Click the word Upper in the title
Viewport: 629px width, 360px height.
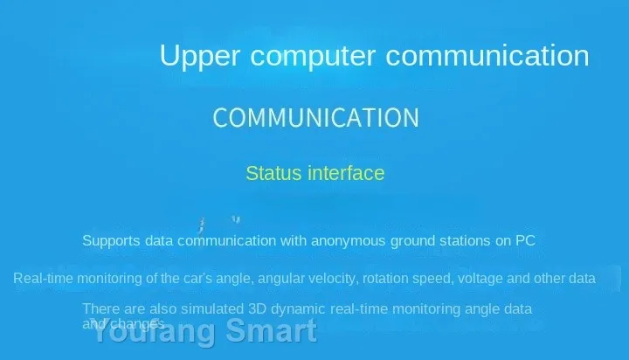(x=200, y=56)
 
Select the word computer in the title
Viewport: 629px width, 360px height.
(x=313, y=57)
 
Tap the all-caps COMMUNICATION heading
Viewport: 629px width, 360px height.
(x=315, y=118)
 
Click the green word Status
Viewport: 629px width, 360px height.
(x=273, y=173)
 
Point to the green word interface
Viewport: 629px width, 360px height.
(x=346, y=173)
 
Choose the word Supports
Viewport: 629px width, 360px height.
(x=111, y=241)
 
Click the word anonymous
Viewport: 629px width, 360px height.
(x=349, y=241)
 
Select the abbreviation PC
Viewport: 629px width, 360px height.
(x=525, y=240)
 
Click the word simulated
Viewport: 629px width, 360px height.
(x=212, y=309)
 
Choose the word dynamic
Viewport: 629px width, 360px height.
(x=298, y=309)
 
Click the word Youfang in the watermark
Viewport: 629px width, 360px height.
(x=154, y=331)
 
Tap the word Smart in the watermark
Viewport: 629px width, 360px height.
(x=271, y=330)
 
